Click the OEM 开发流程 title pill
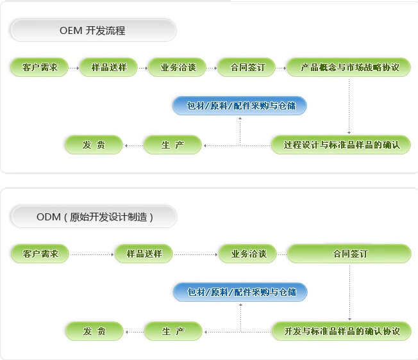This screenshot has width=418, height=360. pos(92,30)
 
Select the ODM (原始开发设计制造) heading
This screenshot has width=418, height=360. pos(94,217)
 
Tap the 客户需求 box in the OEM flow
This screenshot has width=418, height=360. pos(39,67)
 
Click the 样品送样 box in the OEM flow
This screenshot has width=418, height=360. pos(108,67)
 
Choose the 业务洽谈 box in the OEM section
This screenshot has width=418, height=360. pos(178,67)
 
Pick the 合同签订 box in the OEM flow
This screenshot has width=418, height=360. pos(246,67)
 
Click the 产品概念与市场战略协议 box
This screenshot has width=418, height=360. pos(348,67)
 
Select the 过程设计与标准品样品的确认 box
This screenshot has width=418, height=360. pos(340,145)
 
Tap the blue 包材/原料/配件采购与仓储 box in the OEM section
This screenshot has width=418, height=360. pos(239,106)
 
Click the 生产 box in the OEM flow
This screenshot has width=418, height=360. pos(172,145)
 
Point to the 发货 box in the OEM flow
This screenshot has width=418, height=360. pos(94,145)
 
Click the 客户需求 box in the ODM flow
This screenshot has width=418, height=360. pos(40,254)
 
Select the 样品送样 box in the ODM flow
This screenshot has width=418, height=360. pos(144,254)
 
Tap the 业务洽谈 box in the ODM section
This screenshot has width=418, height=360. pos(248,254)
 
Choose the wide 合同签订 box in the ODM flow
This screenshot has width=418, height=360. pos(349,254)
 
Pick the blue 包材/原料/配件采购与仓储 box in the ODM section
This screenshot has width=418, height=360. pos(240,292)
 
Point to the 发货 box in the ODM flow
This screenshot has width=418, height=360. pos(94,331)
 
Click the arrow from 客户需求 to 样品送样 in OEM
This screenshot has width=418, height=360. pos(73,67)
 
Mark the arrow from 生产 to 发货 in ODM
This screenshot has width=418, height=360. pos(134,331)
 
